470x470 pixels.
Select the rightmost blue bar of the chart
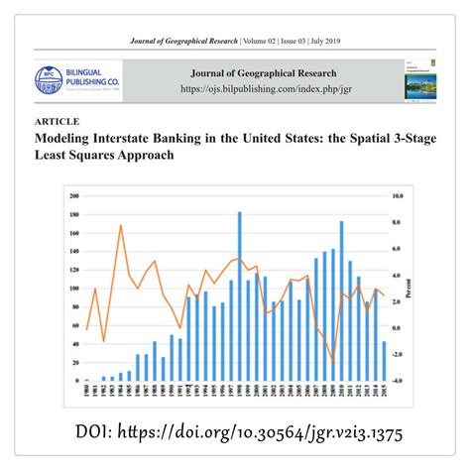384,362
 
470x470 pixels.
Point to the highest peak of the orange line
120,226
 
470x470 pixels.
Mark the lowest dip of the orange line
333,363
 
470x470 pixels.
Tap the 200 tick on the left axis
74,197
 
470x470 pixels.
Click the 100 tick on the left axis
74,289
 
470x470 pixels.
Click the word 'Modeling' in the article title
69,139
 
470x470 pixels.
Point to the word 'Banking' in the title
202,139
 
